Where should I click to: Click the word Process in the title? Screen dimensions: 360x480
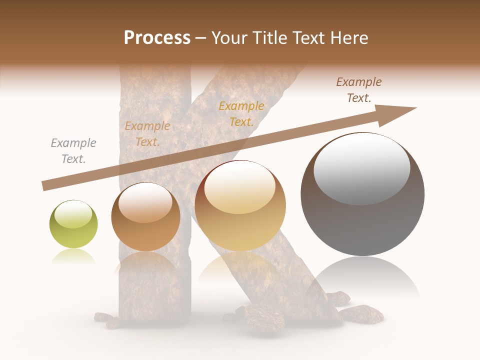157,38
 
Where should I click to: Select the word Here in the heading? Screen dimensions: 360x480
348,38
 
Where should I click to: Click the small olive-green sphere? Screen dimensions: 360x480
73,224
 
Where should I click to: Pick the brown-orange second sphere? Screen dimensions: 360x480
145,217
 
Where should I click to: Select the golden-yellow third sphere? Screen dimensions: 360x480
240,206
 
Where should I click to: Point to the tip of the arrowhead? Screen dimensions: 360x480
416,108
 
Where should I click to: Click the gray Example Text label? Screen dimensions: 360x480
73,151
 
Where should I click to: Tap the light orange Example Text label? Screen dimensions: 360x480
147,134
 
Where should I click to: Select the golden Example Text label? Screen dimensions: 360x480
241,114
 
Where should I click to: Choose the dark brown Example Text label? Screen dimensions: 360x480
359,90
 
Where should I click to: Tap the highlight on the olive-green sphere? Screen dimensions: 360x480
73,213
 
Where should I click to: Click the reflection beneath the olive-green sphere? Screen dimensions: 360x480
73,257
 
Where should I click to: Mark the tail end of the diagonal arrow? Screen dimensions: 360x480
44,186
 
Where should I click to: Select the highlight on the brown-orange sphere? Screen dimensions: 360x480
145,202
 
